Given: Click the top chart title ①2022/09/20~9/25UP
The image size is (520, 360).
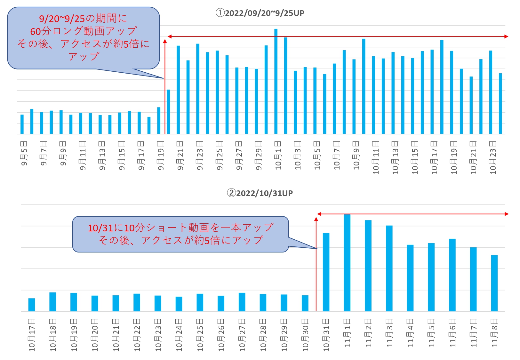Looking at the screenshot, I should [x=260, y=13].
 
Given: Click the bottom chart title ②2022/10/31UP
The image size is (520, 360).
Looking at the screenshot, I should [x=260, y=193].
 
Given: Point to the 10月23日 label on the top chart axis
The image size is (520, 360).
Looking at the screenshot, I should [x=493, y=157].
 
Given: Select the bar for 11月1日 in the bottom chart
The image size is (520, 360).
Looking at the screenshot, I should [x=347, y=262].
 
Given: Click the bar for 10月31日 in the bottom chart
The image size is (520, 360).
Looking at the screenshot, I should [x=326, y=272].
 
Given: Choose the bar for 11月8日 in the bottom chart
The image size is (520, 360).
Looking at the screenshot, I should [x=494, y=283].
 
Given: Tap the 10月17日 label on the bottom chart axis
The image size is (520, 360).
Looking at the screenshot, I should [x=32, y=335].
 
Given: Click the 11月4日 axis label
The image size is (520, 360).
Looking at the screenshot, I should [x=411, y=333].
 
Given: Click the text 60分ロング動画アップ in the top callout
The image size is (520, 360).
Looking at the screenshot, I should [x=84, y=31].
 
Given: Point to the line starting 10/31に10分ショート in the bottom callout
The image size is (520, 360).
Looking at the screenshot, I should [x=180, y=228].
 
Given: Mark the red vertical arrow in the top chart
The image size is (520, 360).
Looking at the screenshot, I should [x=165, y=86].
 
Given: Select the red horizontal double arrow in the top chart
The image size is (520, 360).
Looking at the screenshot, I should [x=338, y=36].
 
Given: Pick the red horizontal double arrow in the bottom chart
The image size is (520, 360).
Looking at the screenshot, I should [x=413, y=214].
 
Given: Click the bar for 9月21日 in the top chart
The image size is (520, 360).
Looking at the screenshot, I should [x=178, y=90].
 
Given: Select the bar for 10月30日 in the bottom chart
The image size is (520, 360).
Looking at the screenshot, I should [x=305, y=303].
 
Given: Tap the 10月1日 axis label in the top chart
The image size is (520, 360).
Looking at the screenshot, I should [x=278, y=155].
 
